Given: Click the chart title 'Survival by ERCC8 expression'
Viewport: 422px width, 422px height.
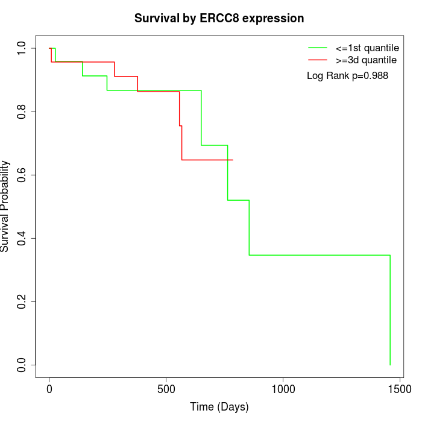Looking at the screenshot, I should coord(219,19).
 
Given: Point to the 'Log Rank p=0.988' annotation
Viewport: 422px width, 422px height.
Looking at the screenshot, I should coord(347,76).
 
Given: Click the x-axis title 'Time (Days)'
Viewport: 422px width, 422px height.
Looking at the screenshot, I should coord(219,407).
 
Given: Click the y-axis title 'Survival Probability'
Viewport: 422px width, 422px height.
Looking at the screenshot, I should coord(5,206).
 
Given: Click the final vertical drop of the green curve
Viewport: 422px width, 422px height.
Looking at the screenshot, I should coord(390,310).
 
